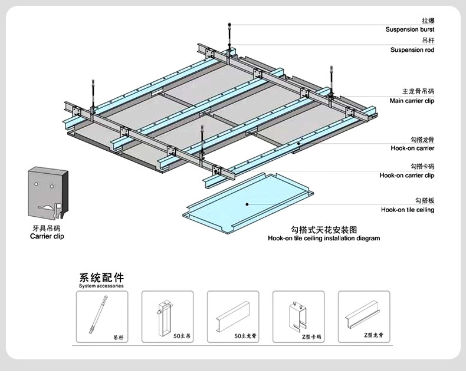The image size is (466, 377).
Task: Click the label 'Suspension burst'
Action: (x=409, y=29)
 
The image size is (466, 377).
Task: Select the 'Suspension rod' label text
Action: (x=412, y=50)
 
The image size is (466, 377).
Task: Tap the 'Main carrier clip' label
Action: (x=412, y=101)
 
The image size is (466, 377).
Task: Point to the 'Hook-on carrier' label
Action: (x=413, y=148)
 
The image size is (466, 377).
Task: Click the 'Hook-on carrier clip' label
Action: (x=407, y=175)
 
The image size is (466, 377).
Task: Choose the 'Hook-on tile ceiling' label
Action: (x=408, y=210)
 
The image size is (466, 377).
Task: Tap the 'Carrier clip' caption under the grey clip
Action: (x=47, y=236)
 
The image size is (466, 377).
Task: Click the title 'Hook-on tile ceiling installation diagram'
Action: (x=324, y=239)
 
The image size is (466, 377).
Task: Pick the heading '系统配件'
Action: (x=101, y=277)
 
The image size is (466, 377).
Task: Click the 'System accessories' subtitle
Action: (x=101, y=286)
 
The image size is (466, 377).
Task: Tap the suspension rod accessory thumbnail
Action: (x=101, y=317)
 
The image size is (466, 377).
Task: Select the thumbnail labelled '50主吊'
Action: (x=168, y=317)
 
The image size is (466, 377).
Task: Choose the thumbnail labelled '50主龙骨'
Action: (x=233, y=317)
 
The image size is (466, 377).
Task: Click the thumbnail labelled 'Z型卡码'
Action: (x=298, y=317)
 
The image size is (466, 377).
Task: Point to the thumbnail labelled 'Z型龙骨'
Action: (x=364, y=317)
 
